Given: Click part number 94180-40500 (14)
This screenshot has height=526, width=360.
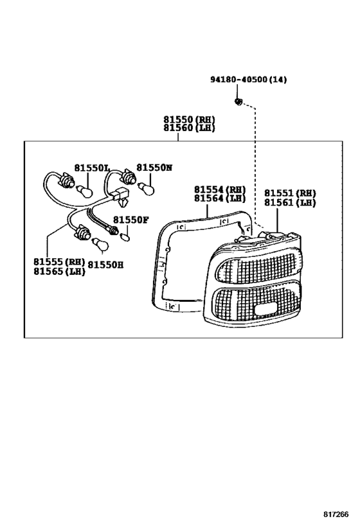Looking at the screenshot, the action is [x=249, y=80].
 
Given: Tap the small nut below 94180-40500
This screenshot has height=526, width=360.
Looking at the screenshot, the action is [x=237, y=101].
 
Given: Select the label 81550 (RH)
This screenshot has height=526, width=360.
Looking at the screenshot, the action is [x=189, y=119].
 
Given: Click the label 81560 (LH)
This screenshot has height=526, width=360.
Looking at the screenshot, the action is [x=189, y=128].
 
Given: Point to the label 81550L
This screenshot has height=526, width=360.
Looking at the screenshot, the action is [x=92, y=168].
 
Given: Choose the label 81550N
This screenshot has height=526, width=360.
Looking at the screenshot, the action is [x=154, y=168].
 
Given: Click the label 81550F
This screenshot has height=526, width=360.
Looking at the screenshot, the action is [x=130, y=220].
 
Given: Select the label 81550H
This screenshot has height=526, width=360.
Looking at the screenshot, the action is [x=105, y=265].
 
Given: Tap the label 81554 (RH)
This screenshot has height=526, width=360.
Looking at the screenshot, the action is [x=220, y=190].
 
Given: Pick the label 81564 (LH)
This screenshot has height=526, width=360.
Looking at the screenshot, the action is [x=220, y=198].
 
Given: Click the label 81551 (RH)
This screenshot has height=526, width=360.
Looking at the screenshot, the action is [x=290, y=193].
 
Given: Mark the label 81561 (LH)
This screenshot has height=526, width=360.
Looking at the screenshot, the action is [x=290, y=202].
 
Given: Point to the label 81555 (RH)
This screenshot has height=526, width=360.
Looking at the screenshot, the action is [x=59, y=261].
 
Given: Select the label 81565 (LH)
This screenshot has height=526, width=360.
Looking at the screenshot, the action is [x=59, y=271].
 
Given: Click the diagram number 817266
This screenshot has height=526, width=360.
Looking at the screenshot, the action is [x=336, y=514].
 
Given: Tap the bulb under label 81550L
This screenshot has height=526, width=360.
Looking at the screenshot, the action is [x=85, y=191].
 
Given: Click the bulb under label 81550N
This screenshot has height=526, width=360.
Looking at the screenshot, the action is [x=147, y=189].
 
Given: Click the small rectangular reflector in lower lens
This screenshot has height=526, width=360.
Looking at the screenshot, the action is [x=265, y=310].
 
